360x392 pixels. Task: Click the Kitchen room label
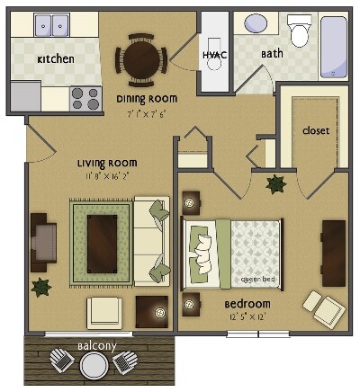click(55, 59)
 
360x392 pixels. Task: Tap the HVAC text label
click(212, 54)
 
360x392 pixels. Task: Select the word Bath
click(272, 54)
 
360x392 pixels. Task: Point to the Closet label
click(315, 130)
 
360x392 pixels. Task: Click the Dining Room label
click(147, 98)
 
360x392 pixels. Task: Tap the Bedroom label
click(247, 304)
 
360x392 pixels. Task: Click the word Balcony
click(94, 344)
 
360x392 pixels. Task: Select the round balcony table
click(94, 365)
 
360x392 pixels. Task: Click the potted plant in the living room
click(40, 287)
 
